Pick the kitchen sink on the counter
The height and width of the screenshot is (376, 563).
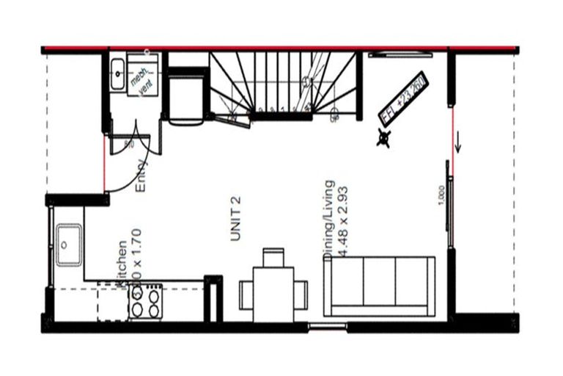[70, 239]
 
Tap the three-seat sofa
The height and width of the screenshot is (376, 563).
[380, 286]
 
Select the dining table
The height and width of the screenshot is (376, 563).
[273, 289]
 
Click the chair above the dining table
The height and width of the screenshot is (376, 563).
[273, 258]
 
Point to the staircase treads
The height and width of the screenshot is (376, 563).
[286, 81]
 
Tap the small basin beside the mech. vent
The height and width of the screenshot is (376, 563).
[118, 70]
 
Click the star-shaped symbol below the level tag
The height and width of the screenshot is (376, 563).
[383, 137]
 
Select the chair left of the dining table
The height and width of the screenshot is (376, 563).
[246, 289]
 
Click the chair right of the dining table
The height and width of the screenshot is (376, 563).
[301, 289]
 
